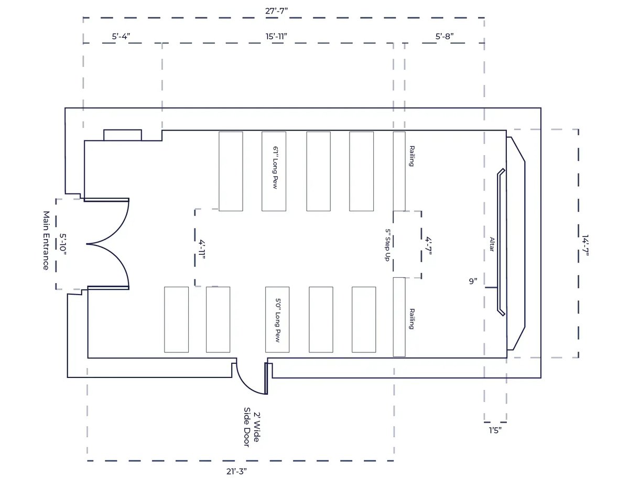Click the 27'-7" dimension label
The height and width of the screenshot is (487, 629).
point(276,11)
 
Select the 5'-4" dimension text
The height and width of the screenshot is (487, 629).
point(121,37)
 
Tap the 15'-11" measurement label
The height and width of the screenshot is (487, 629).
point(276,37)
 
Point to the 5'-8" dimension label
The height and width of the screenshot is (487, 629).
point(444,37)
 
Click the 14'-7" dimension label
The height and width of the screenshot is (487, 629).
point(585,245)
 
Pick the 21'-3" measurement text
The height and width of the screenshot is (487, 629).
point(236,471)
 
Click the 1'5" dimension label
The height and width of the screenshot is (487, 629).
point(495,430)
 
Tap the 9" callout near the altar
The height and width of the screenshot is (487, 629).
point(473,281)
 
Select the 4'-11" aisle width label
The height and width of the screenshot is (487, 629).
point(202,249)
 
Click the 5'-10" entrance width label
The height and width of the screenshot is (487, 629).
point(63,244)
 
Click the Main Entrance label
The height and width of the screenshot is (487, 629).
point(46,241)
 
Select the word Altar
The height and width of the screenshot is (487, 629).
point(492,244)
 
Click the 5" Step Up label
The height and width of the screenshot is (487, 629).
point(388,245)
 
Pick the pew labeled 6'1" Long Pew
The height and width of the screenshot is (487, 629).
point(274,171)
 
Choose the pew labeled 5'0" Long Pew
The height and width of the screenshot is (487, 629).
point(277,319)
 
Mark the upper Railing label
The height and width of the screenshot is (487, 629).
point(411,156)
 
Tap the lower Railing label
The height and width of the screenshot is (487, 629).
point(411,319)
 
